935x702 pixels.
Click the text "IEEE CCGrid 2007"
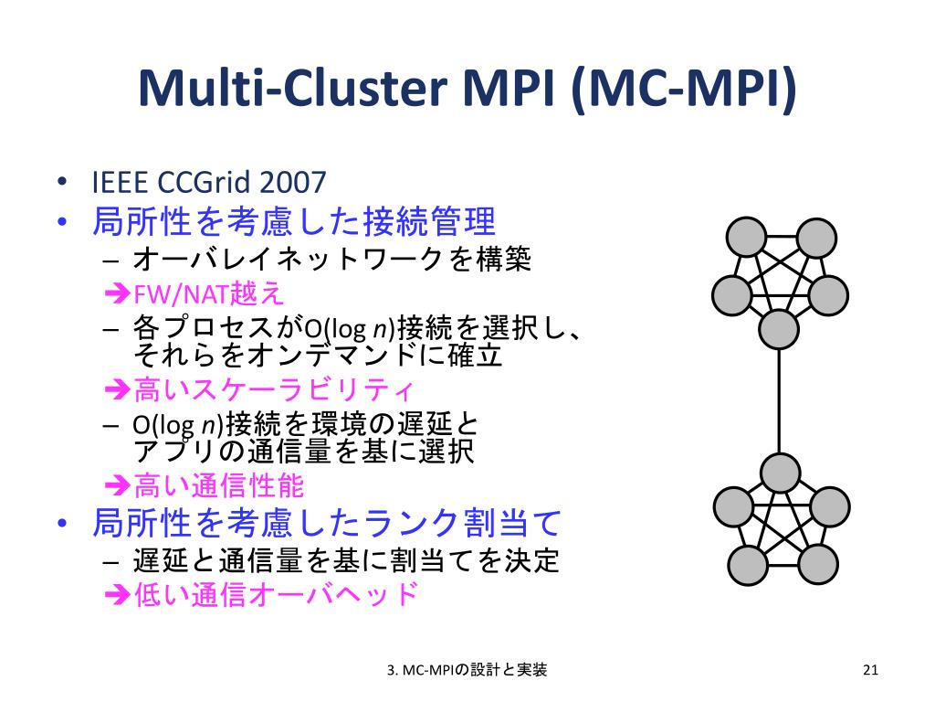pos(208,183)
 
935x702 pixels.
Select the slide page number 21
pos(869,671)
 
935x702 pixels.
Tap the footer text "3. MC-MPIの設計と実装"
pos(467,671)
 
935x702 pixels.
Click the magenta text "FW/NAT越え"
pos(209,293)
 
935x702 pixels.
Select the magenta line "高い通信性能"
pos(219,484)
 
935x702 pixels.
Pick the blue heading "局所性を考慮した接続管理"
pos(294,222)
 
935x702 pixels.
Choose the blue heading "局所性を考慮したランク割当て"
pos(326,524)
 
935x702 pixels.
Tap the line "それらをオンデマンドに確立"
pos(318,356)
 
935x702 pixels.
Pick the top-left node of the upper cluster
pos(745,238)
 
